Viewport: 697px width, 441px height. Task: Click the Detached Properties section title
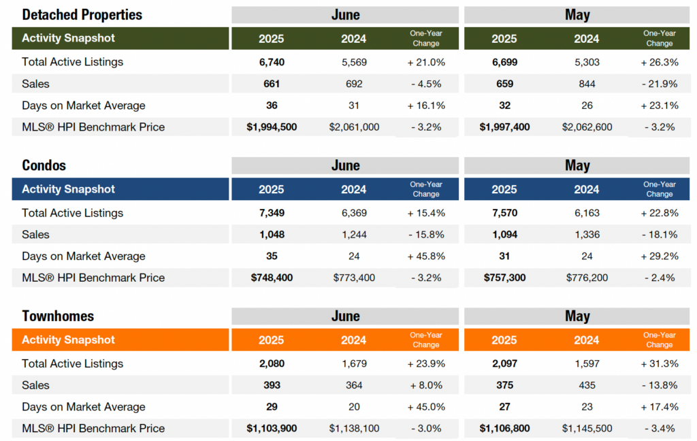click(x=82, y=14)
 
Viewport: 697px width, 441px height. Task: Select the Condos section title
click(x=44, y=165)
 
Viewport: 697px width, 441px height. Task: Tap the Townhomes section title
click(x=58, y=316)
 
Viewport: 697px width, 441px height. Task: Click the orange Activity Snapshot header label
click(x=68, y=340)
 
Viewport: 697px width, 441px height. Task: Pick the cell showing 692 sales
click(x=354, y=84)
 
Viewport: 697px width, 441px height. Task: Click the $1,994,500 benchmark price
click(x=272, y=127)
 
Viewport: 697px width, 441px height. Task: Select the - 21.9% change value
click(x=659, y=84)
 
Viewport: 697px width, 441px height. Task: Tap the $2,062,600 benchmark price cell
click(x=587, y=127)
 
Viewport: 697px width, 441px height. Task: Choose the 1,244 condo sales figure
click(x=354, y=235)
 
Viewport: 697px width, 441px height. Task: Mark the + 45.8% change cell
click(x=426, y=256)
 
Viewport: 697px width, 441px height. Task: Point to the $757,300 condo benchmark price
click(x=504, y=278)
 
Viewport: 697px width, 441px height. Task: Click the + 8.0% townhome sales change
click(x=426, y=385)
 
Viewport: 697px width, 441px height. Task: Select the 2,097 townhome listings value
click(x=504, y=363)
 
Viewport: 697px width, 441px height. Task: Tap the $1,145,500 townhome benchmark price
click(x=587, y=428)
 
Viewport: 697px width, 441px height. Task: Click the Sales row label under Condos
click(x=35, y=235)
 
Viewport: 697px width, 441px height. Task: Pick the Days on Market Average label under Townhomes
click(x=83, y=407)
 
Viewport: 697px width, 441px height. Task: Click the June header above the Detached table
click(x=345, y=14)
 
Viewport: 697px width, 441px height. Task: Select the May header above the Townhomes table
click(x=577, y=316)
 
